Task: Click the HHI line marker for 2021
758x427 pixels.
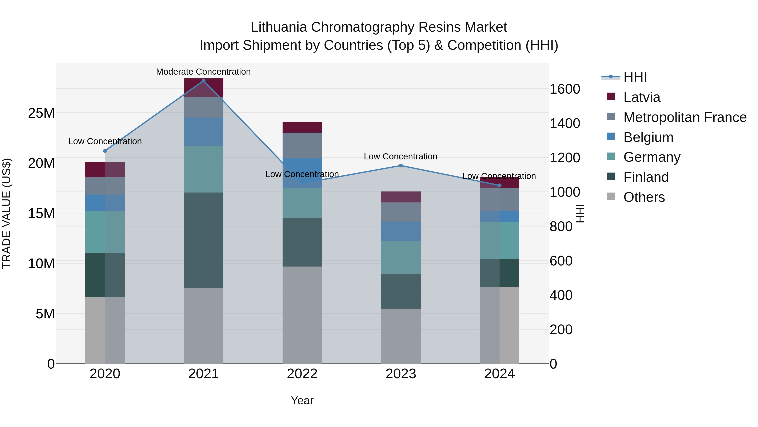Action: (203, 81)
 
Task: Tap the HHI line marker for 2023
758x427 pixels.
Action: (400, 166)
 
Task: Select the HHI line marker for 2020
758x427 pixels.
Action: (105, 151)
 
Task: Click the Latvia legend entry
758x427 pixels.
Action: (642, 97)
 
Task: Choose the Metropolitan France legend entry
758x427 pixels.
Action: (685, 117)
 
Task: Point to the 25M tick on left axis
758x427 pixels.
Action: (41, 113)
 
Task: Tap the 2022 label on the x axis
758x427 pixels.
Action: (302, 374)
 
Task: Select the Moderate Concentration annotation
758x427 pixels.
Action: (203, 72)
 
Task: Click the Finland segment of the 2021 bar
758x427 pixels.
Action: (203, 240)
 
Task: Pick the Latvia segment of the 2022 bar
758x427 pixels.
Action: (302, 127)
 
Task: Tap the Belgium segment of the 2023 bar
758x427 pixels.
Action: (400, 231)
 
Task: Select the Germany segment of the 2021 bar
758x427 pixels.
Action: (203, 169)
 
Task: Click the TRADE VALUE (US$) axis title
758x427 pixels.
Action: (7, 213)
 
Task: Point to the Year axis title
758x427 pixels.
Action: (302, 400)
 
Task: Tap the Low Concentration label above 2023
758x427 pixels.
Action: (400, 156)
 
